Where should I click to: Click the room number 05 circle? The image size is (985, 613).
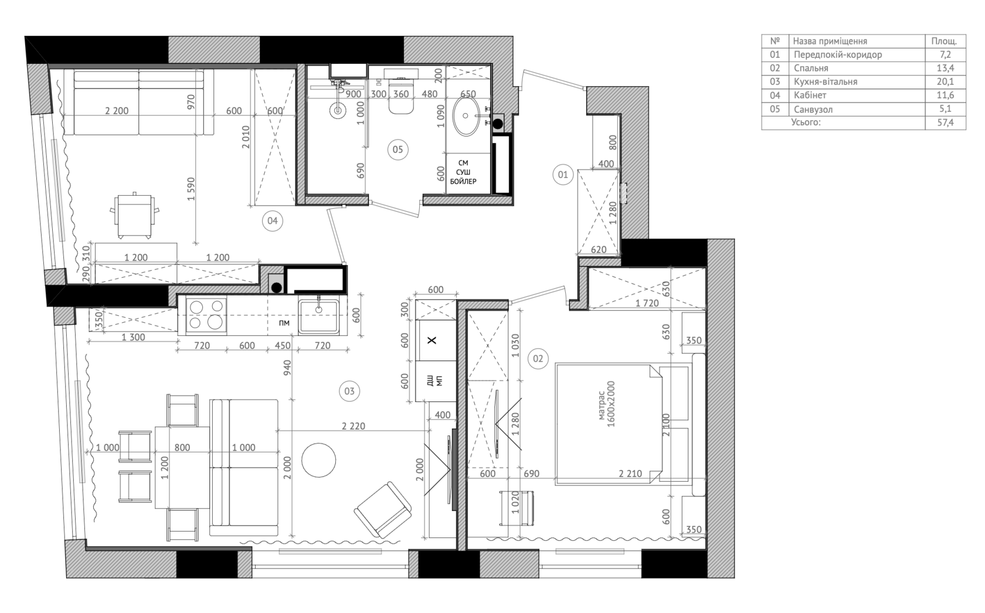point(398,150)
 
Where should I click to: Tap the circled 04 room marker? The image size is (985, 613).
point(272,220)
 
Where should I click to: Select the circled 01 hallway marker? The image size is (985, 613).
point(563,175)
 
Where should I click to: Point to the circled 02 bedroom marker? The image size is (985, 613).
point(538,359)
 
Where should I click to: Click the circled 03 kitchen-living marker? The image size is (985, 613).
point(349,391)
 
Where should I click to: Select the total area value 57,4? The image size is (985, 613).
point(945,122)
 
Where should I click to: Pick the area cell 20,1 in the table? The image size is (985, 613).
point(945,81)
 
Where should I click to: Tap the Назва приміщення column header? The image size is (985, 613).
point(830,41)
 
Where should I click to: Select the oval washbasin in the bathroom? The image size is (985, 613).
point(467,116)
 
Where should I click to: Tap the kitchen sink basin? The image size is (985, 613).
point(319,316)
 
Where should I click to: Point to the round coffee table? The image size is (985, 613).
point(319,460)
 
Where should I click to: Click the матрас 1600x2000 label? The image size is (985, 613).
point(607,404)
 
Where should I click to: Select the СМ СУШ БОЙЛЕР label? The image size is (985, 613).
point(463,172)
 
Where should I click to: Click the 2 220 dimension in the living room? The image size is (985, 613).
point(354,426)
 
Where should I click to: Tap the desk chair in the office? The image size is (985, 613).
point(135,215)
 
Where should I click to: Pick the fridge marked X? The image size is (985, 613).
point(435,340)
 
